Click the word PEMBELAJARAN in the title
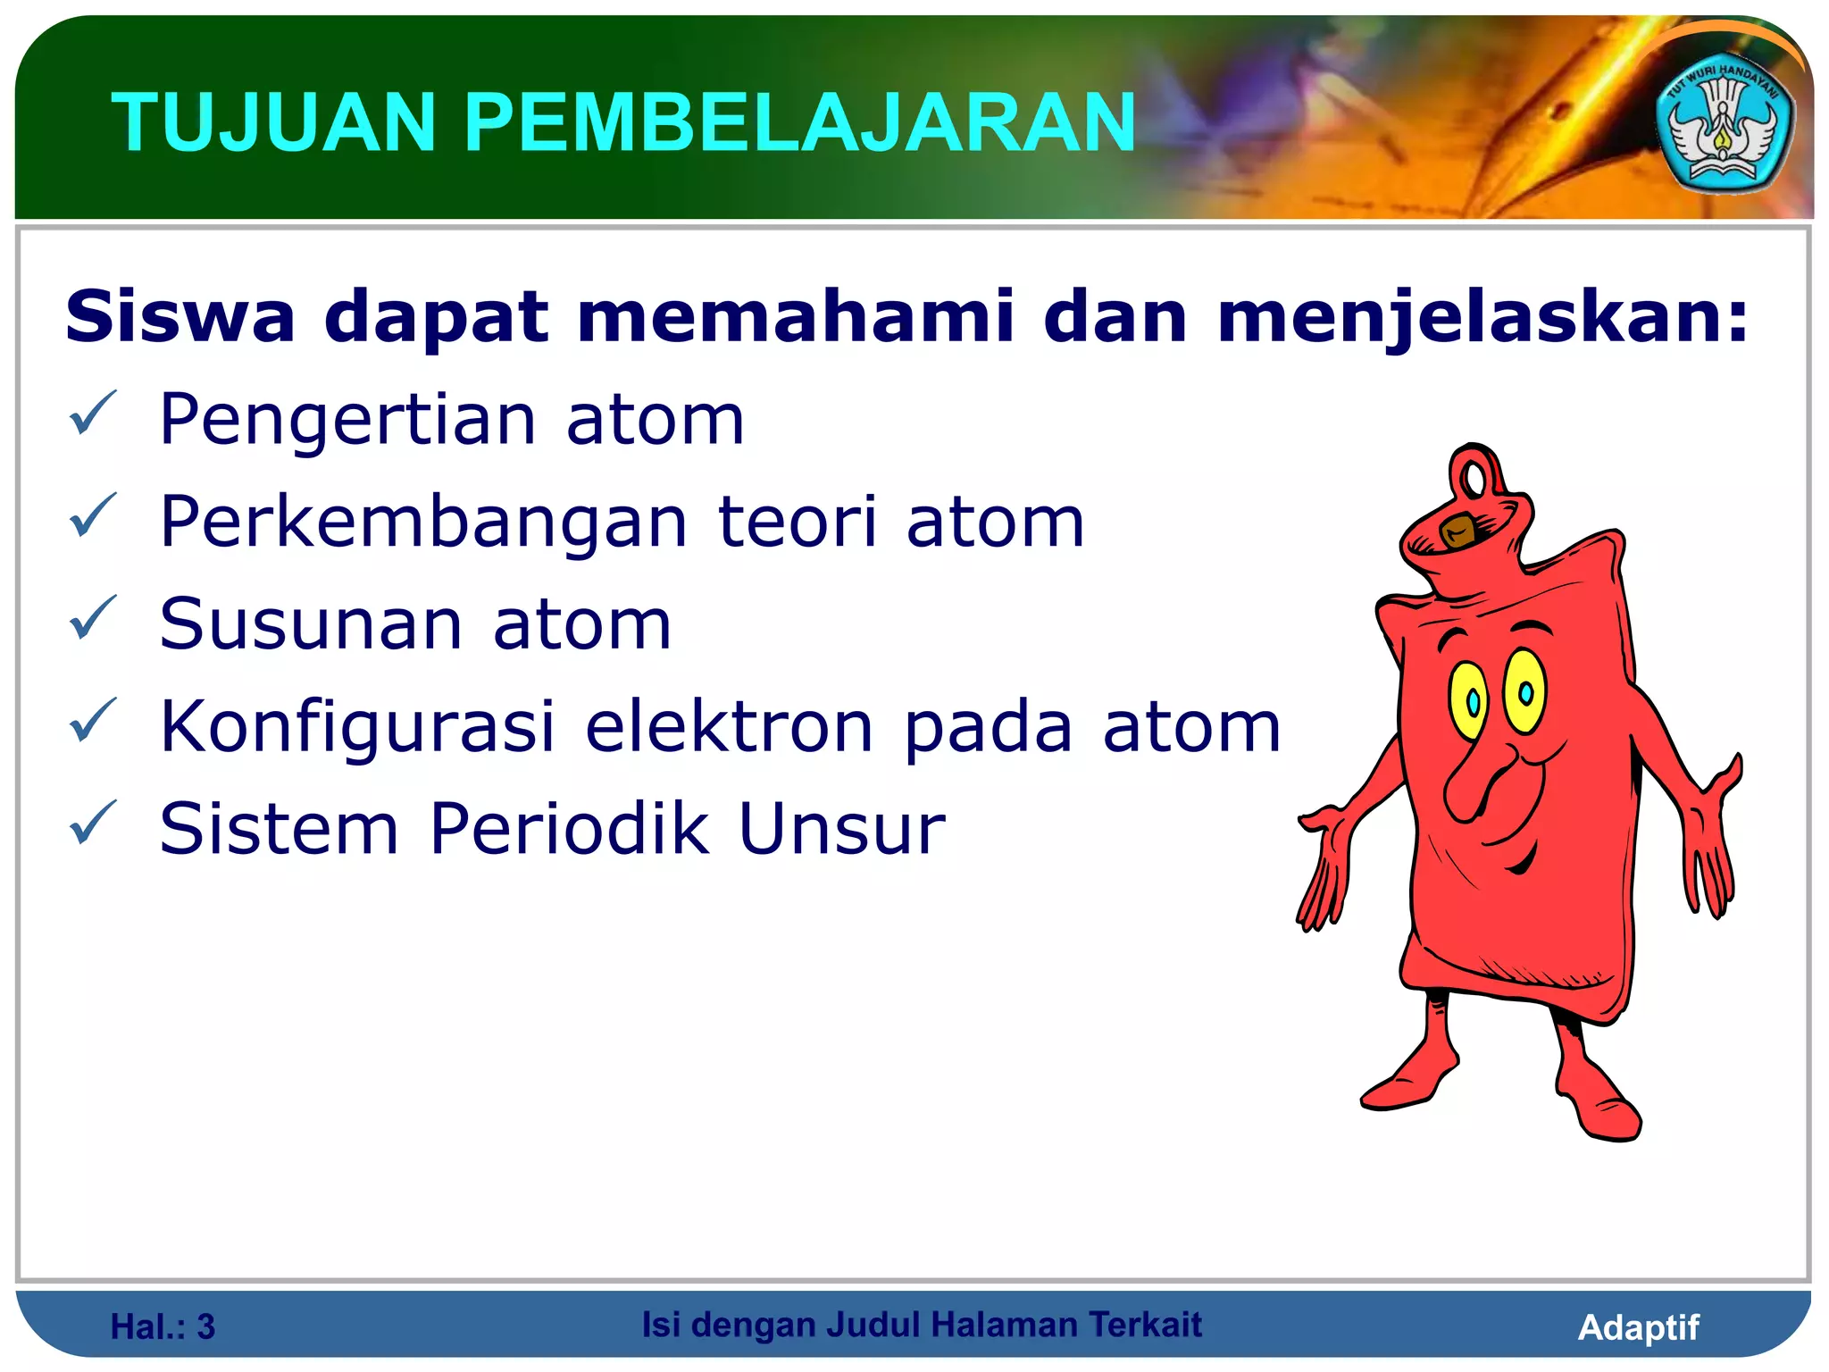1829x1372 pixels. point(799,123)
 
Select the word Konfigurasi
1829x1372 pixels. point(357,727)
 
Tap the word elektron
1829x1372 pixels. point(729,727)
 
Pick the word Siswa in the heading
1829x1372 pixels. point(180,316)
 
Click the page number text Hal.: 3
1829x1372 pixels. point(163,1327)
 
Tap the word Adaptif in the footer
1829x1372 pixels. point(1638,1327)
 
